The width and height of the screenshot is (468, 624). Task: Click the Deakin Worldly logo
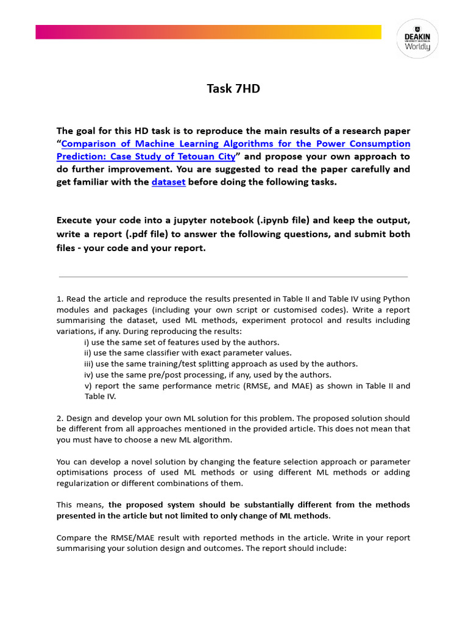[417, 38]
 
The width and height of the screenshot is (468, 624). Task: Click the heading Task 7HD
[233, 89]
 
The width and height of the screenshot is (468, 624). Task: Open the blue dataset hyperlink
[168, 182]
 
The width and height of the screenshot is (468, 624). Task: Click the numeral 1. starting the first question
[60, 299]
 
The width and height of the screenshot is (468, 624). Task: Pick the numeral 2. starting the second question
[60, 419]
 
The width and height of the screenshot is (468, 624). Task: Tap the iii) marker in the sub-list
[88, 364]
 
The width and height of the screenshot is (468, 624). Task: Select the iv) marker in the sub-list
[88, 375]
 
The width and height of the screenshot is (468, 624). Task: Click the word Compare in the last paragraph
[74, 537]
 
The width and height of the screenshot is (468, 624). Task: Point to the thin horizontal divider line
[233, 277]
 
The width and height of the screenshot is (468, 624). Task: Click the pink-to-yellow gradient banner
[208, 32]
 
